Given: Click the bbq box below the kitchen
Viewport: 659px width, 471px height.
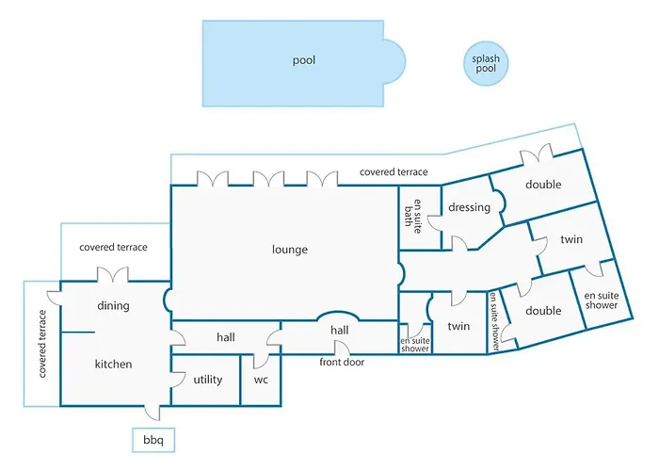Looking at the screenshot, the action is [153, 440].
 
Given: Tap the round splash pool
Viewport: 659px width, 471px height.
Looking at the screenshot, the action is [486, 63].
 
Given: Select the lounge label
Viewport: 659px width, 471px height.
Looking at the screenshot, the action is [290, 250].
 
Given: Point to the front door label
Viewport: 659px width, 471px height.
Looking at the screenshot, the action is [342, 362].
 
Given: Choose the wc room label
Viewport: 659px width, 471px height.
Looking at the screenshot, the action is [261, 381].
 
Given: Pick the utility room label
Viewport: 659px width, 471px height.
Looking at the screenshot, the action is [208, 380].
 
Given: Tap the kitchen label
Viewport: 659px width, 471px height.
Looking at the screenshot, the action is [113, 364].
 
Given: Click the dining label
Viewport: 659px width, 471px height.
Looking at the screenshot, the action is [113, 306].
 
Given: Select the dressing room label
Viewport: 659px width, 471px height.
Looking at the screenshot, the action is [469, 207].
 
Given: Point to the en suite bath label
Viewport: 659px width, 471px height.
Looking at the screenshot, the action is [412, 216].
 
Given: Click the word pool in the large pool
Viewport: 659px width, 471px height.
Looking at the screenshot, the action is [303, 60].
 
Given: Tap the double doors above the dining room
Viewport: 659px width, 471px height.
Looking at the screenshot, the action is [113, 274].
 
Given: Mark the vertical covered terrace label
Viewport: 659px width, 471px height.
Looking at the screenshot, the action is [42, 344].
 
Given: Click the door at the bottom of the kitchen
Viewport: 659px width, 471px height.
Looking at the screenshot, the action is [153, 413].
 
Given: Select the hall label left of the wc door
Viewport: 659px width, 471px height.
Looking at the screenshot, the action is [226, 337].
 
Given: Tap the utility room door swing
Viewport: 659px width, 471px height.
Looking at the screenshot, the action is [178, 380].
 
